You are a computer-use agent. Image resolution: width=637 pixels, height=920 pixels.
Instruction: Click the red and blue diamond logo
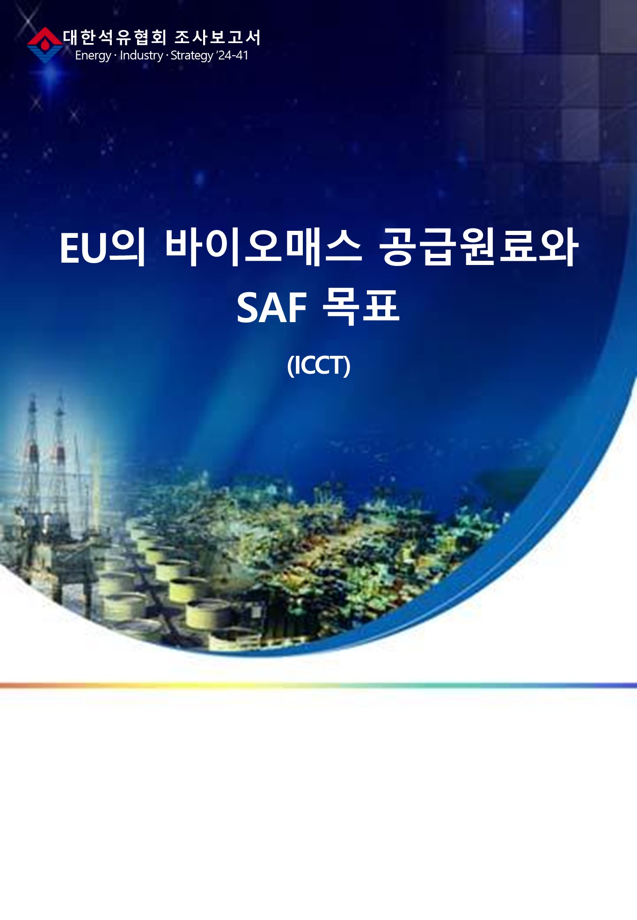point(45,45)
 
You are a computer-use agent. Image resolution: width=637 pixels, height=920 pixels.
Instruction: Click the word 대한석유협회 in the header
point(115,37)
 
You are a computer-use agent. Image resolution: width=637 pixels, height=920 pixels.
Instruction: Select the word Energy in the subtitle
point(93,56)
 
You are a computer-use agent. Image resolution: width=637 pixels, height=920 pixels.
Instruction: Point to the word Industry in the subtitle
point(141,55)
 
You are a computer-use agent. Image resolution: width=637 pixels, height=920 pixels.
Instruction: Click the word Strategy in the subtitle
point(192,56)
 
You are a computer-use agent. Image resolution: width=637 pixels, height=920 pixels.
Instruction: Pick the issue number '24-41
point(233,55)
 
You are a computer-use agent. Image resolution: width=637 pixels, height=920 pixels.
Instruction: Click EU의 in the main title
point(103,247)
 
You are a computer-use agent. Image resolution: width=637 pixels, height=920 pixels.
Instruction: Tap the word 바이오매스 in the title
point(264,247)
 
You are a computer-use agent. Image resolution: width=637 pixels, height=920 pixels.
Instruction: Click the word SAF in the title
point(271,307)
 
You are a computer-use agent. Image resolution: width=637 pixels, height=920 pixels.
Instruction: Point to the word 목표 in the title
point(361,307)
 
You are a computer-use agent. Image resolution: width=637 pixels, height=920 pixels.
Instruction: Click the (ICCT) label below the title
point(319,365)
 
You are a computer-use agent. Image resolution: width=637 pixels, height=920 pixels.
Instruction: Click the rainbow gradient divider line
point(318,685)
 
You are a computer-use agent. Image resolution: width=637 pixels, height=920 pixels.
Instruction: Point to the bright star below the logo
point(51,75)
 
